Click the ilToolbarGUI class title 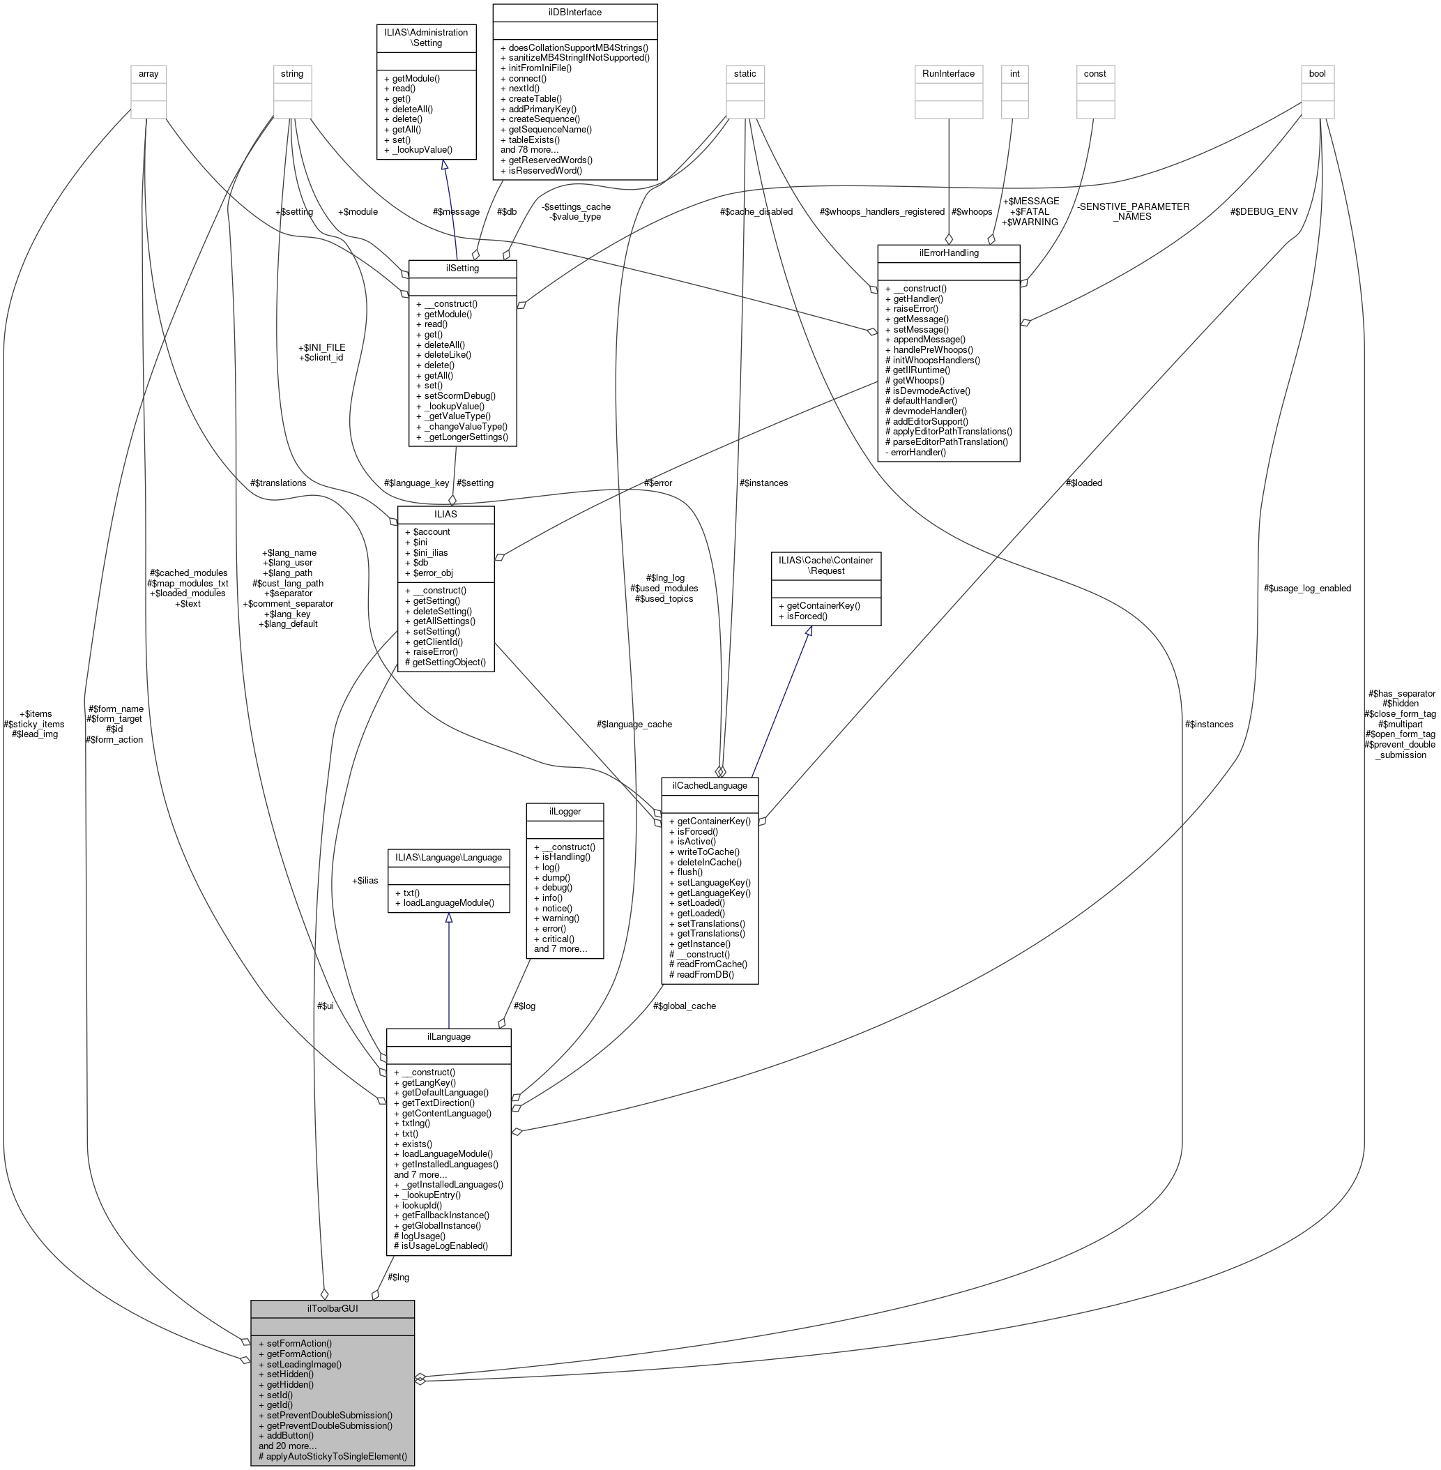click(x=333, y=1308)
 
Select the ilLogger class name click(x=565, y=812)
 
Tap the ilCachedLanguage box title click(x=709, y=786)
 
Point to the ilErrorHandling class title click(x=948, y=253)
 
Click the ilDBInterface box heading click(x=575, y=13)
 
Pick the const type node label click(x=1095, y=73)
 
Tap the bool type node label click(x=1317, y=73)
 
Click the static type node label click(x=745, y=73)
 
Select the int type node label click(x=1014, y=73)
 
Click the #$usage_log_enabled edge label click(x=1307, y=588)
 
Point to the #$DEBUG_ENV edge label click(x=1264, y=212)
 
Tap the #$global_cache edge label click(x=684, y=1006)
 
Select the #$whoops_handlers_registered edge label click(x=882, y=212)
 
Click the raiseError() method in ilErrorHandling click(x=915, y=309)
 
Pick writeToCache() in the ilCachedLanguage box click(x=708, y=851)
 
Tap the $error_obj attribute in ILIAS click(x=433, y=573)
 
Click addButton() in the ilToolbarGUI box click(x=290, y=1435)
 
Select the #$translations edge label click(x=277, y=483)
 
